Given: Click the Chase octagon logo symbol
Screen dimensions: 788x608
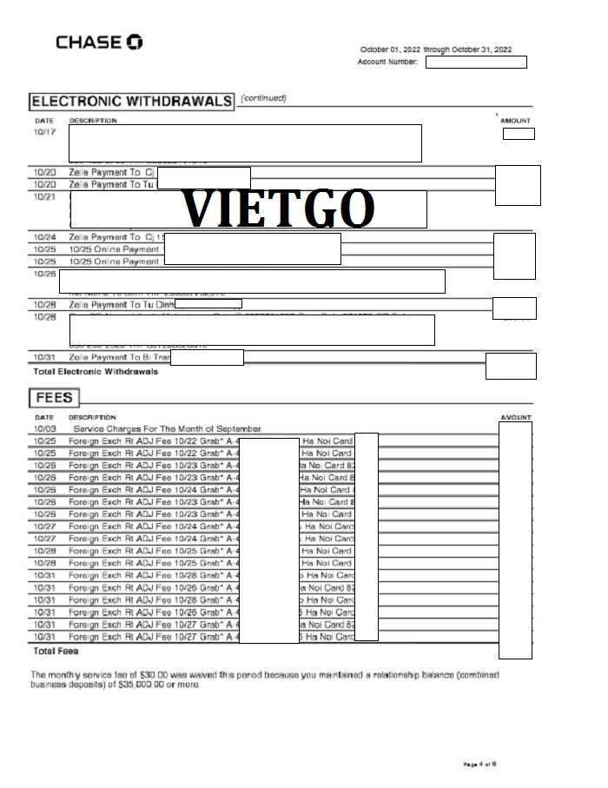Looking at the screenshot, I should (x=135, y=42).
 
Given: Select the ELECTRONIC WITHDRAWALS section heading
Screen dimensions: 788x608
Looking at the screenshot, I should (x=131, y=101).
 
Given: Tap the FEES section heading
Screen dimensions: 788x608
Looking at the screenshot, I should (x=54, y=399).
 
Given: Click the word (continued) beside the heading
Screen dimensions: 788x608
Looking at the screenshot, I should (x=263, y=97).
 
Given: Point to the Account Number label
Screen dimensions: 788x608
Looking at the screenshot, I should (x=387, y=62).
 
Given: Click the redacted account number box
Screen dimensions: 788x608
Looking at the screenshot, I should (x=476, y=62).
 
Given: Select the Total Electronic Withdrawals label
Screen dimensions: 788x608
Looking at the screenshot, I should (x=96, y=372).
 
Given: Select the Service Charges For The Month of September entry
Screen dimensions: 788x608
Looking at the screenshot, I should (x=167, y=429).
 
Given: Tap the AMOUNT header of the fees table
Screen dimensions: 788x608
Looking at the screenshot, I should (x=515, y=418).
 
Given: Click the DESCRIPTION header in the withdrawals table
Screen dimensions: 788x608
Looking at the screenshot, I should (x=93, y=121).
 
